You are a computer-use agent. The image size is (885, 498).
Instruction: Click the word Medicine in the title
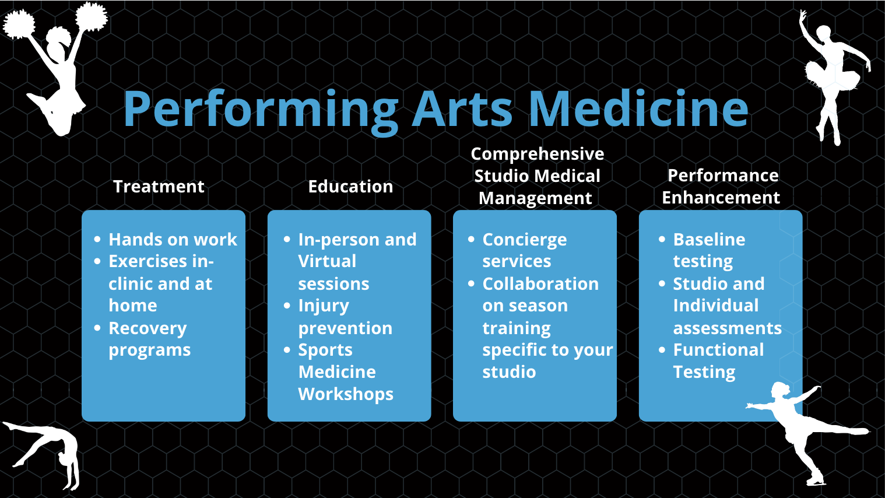[x=638, y=108]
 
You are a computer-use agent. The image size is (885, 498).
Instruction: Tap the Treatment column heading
[x=159, y=187]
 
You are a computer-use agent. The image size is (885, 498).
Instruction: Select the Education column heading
[x=350, y=187]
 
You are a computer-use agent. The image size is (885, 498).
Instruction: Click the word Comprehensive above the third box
[x=538, y=155]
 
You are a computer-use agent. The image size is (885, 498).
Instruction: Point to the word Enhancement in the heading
[x=721, y=198]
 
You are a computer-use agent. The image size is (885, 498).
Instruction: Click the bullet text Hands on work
[x=173, y=240]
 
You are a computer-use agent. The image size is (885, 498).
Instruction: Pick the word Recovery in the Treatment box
[x=147, y=329]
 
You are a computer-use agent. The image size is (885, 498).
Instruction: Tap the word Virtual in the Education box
[x=327, y=261]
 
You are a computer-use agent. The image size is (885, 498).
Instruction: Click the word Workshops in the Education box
[x=346, y=394]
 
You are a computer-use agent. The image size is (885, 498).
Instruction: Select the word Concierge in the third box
[x=525, y=240]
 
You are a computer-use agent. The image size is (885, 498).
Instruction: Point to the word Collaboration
[x=540, y=284]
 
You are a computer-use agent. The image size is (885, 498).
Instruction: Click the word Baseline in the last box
[x=709, y=240]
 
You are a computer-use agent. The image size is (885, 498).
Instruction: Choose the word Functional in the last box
[x=718, y=350]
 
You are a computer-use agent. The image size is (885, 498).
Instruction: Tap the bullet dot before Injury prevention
[x=287, y=306]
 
